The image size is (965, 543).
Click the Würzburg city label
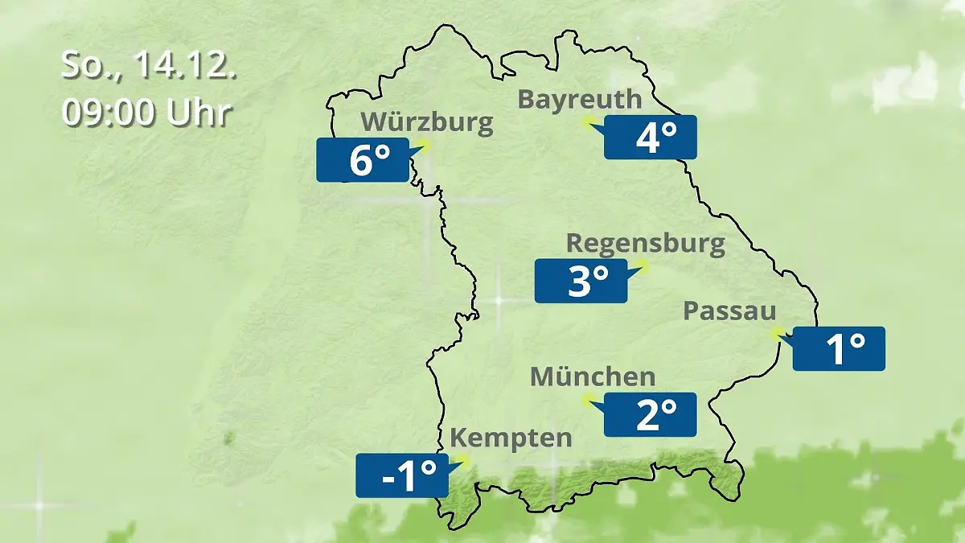[426, 122]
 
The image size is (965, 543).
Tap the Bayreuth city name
[580, 99]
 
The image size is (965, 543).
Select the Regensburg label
[646, 243]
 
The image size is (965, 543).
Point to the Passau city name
[729, 311]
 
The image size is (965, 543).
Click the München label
[593, 376]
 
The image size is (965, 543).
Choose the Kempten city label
[511, 438]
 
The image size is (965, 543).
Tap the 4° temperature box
[651, 138]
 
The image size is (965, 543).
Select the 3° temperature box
[581, 281]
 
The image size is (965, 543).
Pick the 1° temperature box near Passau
[839, 349]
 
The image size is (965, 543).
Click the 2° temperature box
[651, 415]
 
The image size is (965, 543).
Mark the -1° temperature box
[402, 475]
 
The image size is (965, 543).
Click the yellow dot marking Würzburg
[424, 145]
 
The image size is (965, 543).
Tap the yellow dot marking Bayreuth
[589, 122]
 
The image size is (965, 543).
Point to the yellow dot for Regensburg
[642, 265]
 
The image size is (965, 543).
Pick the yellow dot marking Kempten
[462, 460]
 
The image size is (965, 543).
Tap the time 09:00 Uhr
[146, 113]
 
